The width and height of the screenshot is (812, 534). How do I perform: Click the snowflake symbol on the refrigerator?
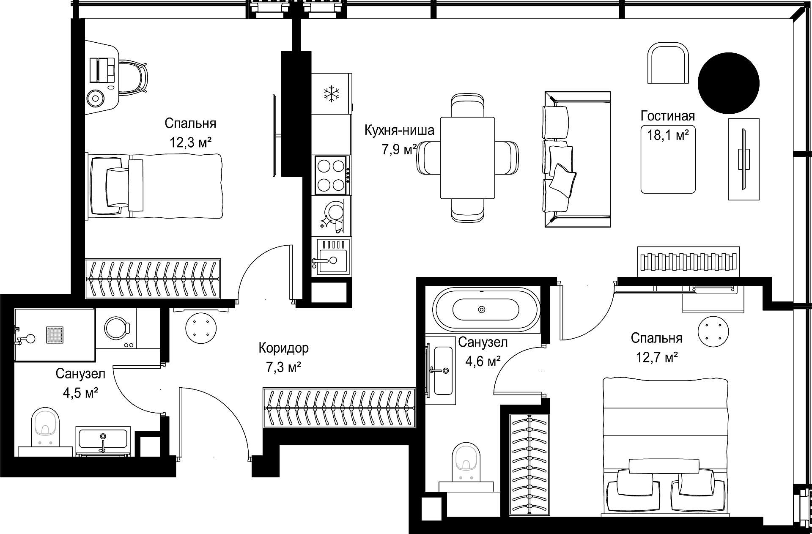(332, 93)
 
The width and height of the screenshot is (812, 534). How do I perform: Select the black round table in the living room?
(728, 83)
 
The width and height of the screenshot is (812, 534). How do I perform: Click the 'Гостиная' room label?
(668, 116)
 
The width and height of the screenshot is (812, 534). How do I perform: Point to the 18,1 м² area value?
(668, 135)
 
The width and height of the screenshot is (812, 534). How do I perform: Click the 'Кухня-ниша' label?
(399, 130)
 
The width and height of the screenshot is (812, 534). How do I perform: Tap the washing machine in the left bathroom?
(116, 328)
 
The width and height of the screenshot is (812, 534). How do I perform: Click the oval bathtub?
(486, 310)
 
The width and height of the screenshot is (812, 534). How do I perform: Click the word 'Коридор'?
(283, 348)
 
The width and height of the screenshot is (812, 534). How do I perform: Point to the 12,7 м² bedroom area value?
(657, 358)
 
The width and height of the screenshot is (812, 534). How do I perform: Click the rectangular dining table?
(467, 158)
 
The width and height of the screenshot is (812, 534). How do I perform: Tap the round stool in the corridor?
(200, 328)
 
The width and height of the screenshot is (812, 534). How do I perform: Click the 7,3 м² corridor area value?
(283, 367)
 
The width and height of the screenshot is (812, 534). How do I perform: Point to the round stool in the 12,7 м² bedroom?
(713, 331)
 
